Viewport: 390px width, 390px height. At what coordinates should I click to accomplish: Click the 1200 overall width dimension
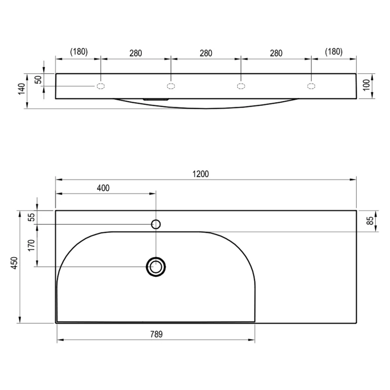pyautogui.click(x=200, y=174)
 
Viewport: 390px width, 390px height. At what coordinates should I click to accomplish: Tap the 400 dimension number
pyautogui.click(x=103, y=188)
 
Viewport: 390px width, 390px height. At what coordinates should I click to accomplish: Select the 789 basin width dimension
pyautogui.click(x=157, y=334)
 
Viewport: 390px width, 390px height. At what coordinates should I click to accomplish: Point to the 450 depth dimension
pyautogui.click(x=15, y=263)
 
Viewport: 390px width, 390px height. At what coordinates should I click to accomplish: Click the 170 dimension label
pyautogui.click(x=31, y=246)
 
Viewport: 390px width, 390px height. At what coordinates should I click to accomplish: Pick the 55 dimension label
pyautogui.click(x=32, y=217)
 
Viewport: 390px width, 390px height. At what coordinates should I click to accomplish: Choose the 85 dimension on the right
pyautogui.click(x=370, y=221)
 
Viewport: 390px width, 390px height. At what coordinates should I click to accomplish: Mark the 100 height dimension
pyautogui.click(x=366, y=85)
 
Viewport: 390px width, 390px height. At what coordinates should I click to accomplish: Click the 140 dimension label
pyautogui.click(x=22, y=89)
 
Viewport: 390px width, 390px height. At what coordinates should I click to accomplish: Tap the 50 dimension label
pyautogui.click(x=38, y=80)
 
